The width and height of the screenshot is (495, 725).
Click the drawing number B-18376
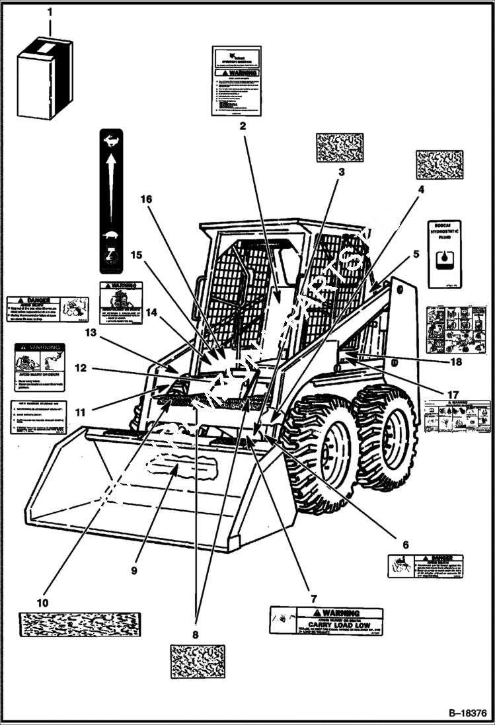pyautogui.click(x=467, y=714)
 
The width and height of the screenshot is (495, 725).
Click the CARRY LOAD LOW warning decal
pyautogui.click(x=326, y=621)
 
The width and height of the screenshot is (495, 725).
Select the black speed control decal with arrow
pyautogui.click(x=111, y=201)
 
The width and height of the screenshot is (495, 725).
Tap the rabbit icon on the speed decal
pyautogui.click(x=111, y=140)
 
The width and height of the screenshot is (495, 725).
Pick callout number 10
pyautogui.click(x=42, y=602)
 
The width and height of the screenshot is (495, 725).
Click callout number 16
pyautogui.click(x=145, y=199)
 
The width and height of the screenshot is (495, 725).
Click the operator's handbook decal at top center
pyautogui.click(x=236, y=81)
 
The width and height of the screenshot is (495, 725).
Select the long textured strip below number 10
pyautogui.click(x=80, y=625)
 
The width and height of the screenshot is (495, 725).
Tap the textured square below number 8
pyautogui.click(x=197, y=661)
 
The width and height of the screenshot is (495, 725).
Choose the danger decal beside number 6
pyautogui.click(x=425, y=566)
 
